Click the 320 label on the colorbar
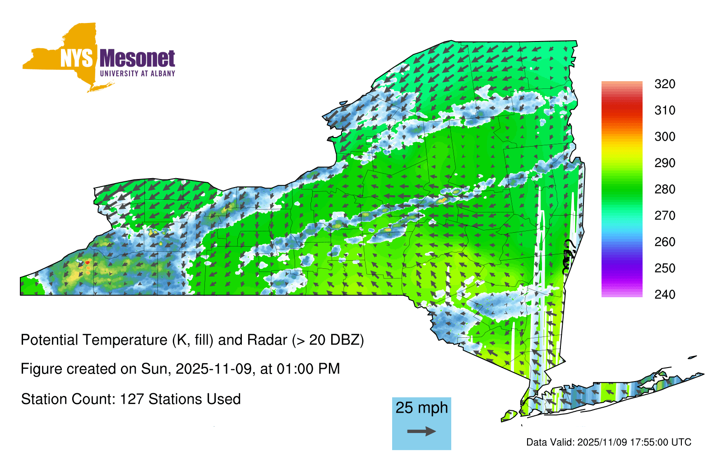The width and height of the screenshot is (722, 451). [x=665, y=84]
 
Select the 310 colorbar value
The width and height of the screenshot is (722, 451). [x=665, y=110]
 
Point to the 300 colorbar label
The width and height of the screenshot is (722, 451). [x=665, y=137]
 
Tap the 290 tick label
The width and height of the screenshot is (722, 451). [x=665, y=163]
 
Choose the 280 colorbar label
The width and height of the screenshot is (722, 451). [x=665, y=189]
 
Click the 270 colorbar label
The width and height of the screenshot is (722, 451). [x=665, y=216]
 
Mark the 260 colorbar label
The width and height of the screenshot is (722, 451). [x=665, y=242]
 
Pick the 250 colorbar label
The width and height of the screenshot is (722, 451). [x=665, y=268]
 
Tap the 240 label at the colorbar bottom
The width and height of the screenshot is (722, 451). [x=665, y=295]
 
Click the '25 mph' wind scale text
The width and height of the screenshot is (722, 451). [x=421, y=408]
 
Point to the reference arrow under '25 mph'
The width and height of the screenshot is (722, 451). [x=421, y=431]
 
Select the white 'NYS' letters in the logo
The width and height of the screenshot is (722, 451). [x=77, y=58]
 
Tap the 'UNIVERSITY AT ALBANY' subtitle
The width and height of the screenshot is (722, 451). [x=138, y=74]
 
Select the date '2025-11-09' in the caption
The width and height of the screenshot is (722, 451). [x=213, y=369]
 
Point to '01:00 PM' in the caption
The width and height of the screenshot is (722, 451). [x=308, y=369]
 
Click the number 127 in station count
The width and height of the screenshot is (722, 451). [x=131, y=399]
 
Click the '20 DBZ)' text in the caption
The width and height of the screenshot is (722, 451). [x=337, y=340]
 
